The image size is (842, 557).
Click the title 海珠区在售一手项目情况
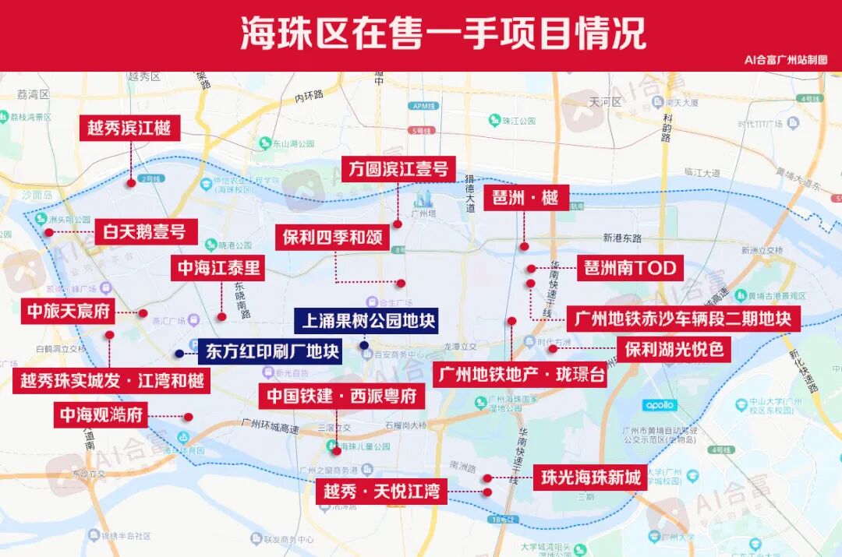pyautogui.click(x=442, y=33)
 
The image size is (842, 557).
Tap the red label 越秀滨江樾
pyautogui.click(x=129, y=128)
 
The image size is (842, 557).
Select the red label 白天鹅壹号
pyautogui.click(x=146, y=231)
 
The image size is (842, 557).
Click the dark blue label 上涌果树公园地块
pyautogui.click(x=366, y=319)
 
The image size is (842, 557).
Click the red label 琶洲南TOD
pyautogui.click(x=630, y=269)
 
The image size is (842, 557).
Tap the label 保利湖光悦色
pyautogui.click(x=674, y=349)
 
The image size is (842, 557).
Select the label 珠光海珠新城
pyautogui.click(x=591, y=477)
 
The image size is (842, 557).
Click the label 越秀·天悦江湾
pyautogui.click(x=381, y=492)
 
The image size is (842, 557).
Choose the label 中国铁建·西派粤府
pyautogui.click(x=341, y=396)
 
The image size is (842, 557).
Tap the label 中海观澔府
pyautogui.click(x=102, y=414)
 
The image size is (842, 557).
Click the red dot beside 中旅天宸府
pyautogui.click(x=143, y=313)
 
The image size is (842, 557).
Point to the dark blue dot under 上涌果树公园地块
pyautogui.click(x=364, y=344)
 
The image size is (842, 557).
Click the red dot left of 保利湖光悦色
pyautogui.click(x=553, y=349)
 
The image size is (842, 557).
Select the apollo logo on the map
pyautogui.click(x=659, y=405)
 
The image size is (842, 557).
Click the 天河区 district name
pyautogui.click(x=604, y=101)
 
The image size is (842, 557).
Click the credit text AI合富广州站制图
pyautogui.click(x=785, y=60)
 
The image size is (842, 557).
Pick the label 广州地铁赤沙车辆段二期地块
pyautogui.click(x=682, y=319)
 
